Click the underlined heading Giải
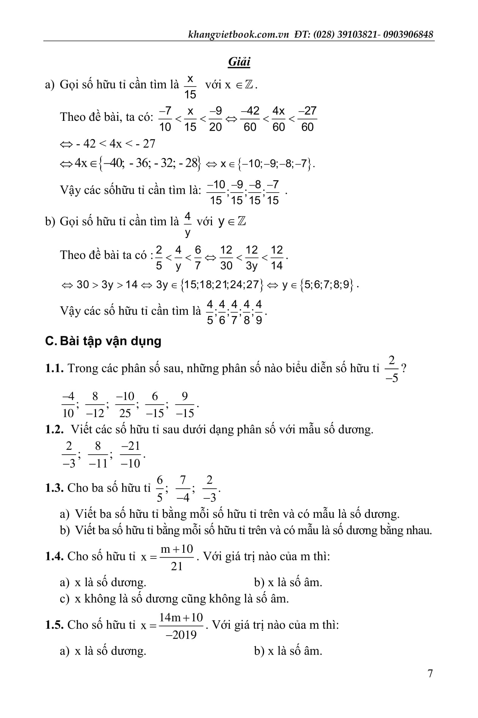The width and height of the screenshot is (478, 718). [x=239, y=62]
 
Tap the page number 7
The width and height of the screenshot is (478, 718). [x=430, y=684]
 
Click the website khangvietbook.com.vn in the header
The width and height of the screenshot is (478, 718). [x=239, y=35]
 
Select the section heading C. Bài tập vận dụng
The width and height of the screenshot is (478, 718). [x=103, y=341]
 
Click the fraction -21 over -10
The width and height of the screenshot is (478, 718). [x=131, y=454]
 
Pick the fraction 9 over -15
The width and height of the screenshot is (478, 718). [x=185, y=405]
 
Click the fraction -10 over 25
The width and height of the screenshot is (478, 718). [x=125, y=405]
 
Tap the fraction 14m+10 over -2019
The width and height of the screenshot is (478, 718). [x=181, y=626]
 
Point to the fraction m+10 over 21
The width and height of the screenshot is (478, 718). [x=177, y=557]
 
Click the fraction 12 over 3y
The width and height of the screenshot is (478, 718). [x=252, y=258]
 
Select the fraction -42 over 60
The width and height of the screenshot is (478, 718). [x=250, y=119]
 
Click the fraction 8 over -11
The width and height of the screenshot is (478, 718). [x=98, y=454]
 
